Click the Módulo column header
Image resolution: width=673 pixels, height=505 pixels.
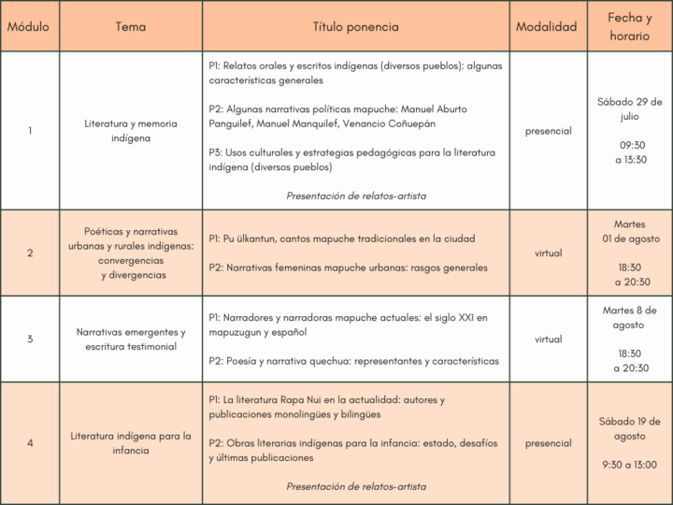pyautogui.click(x=29, y=27)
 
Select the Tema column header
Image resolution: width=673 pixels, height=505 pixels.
pyautogui.click(x=131, y=27)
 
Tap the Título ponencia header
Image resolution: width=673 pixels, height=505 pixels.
pyautogui.click(x=355, y=27)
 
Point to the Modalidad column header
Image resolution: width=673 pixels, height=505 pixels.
pyautogui.click(x=547, y=27)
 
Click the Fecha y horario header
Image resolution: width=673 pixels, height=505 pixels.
pyautogui.click(x=630, y=27)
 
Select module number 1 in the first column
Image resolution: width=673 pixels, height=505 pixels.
pyautogui.click(x=29, y=131)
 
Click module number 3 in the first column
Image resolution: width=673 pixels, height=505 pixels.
pyautogui.click(x=29, y=339)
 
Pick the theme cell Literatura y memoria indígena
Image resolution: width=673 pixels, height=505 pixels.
pyautogui.click(x=131, y=131)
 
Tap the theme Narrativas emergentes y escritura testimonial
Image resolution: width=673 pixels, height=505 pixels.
pyautogui.click(x=131, y=339)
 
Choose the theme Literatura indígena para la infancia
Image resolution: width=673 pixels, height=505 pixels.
pyautogui.click(x=131, y=443)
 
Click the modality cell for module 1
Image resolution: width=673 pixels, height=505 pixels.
pyautogui.click(x=548, y=131)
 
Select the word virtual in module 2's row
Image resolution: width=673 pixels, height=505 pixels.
pyautogui.click(x=548, y=253)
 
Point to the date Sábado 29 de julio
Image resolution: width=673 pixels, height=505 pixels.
pyautogui.click(x=630, y=109)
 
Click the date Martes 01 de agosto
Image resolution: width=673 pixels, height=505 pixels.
pyautogui.click(x=630, y=232)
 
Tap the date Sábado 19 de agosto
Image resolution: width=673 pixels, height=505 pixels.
pyautogui.click(x=630, y=429)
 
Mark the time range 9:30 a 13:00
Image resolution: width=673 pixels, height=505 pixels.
pyautogui.click(x=630, y=465)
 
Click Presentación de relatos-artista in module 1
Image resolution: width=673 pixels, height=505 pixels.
pyautogui.click(x=356, y=195)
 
